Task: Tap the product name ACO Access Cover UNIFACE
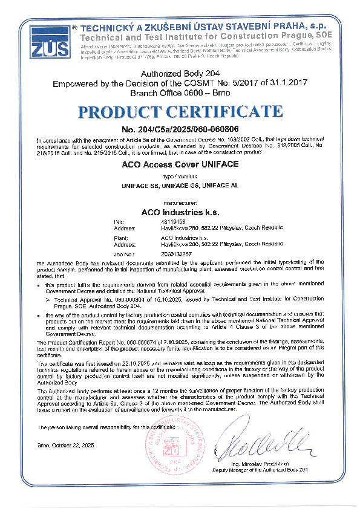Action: pos(180,164)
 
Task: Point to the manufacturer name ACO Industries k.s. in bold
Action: pos(180,212)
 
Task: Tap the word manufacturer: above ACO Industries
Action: pos(180,203)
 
